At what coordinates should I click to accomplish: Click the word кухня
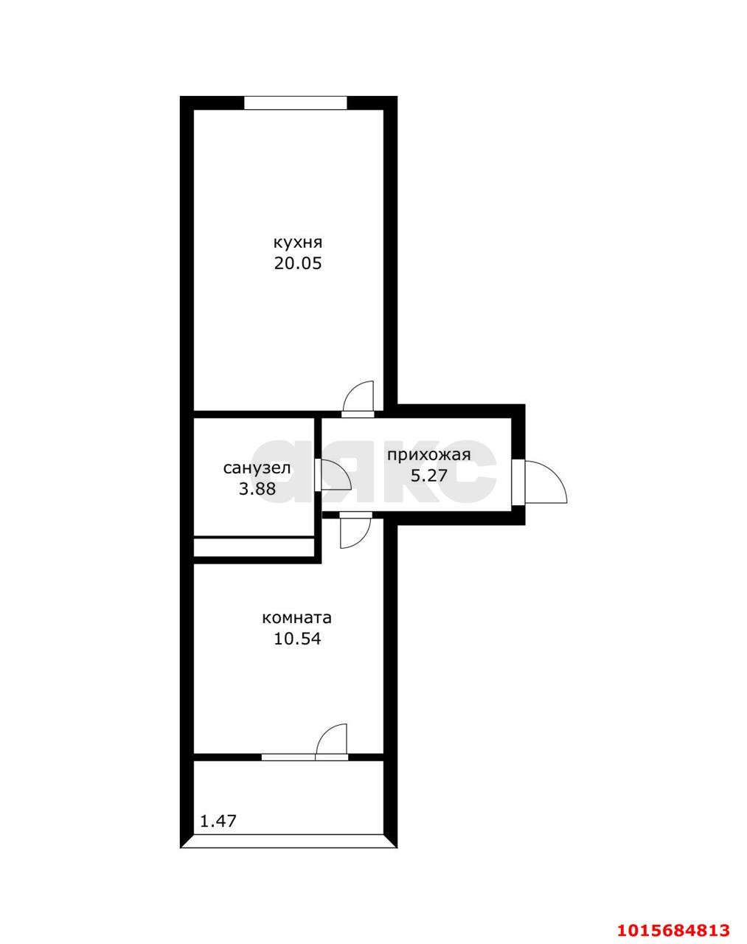298,243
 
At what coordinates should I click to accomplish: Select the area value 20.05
298,263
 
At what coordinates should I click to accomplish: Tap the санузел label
257,468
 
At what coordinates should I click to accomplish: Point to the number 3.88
257,488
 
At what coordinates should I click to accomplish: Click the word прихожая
428,454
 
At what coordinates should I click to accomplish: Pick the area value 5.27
428,476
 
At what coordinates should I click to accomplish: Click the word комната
297,617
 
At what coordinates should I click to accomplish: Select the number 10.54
297,639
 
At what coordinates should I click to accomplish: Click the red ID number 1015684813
673,929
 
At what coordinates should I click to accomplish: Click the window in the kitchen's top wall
295,103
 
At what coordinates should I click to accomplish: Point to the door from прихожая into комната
354,531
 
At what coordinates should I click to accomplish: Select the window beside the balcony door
288,756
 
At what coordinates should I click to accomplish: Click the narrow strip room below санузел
254,547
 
